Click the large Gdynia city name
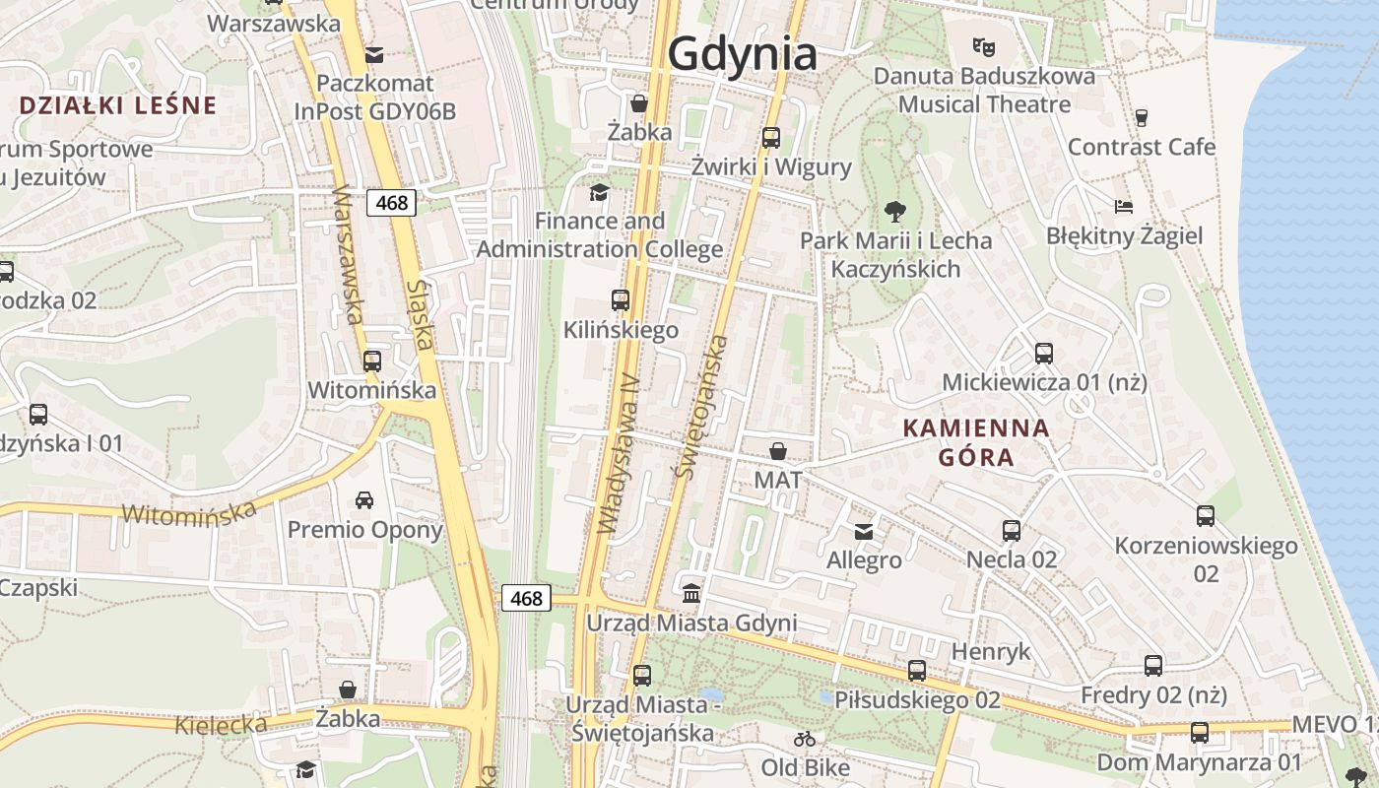pos(743,54)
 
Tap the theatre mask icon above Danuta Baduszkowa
pos(982,45)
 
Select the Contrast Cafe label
pos(1142,147)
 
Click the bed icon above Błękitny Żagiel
pos(1124,206)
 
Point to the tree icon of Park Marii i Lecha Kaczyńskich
pos(895,210)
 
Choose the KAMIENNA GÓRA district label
pos(976,442)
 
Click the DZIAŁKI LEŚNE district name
pos(117,106)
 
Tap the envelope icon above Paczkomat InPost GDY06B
pos(374,53)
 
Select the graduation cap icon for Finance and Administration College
pos(599,191)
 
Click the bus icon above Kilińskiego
pos(621,300)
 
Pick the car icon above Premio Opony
pos(364,500)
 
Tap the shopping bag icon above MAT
pos(778,451)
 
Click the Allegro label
pos(864,560)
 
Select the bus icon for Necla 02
pos(1012,531)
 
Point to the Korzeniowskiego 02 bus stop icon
pos(1206,516)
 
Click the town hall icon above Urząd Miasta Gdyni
pos(691,594)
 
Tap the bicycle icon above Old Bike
pos(805,738)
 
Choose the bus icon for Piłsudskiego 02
pos(917,671)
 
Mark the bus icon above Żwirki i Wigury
pos(771,138)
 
